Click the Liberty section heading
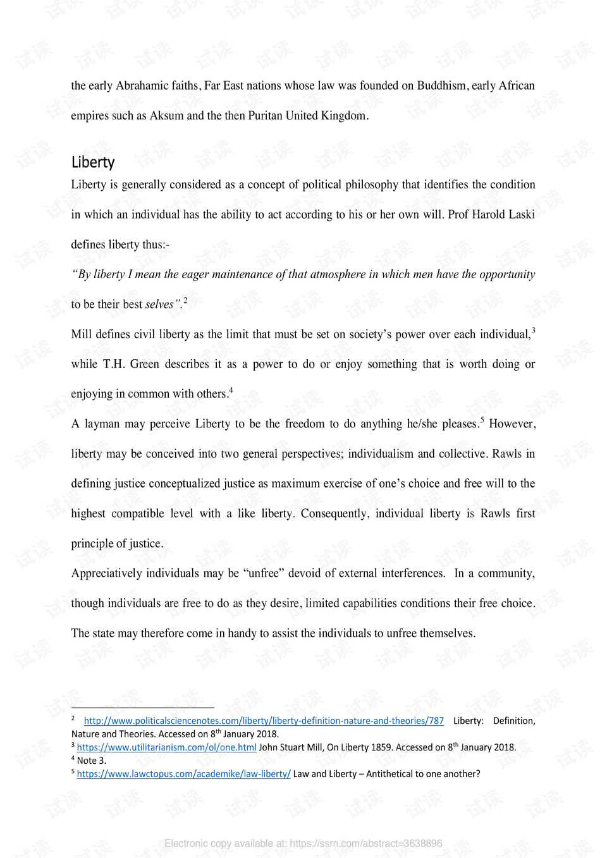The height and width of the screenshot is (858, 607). coord(93,162)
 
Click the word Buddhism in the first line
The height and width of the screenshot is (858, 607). coord(441,85)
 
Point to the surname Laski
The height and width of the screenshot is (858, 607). coord(522,214)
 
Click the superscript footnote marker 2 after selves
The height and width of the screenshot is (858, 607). coord(185,300)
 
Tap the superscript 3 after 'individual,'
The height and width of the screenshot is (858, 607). coord(533,330)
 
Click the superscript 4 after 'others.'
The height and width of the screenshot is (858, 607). coord(231,390)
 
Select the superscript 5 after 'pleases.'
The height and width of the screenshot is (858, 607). coord(482,420)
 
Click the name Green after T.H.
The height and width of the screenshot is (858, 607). coord(144,364)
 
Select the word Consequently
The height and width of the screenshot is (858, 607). coord(334,513)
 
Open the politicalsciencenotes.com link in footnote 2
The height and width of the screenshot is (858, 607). coord(264,721)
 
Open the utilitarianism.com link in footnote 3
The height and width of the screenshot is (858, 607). coord(166,747)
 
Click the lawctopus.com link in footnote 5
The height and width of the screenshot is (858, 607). coord(183,774)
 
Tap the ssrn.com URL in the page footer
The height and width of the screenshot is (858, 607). coord(366,843)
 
